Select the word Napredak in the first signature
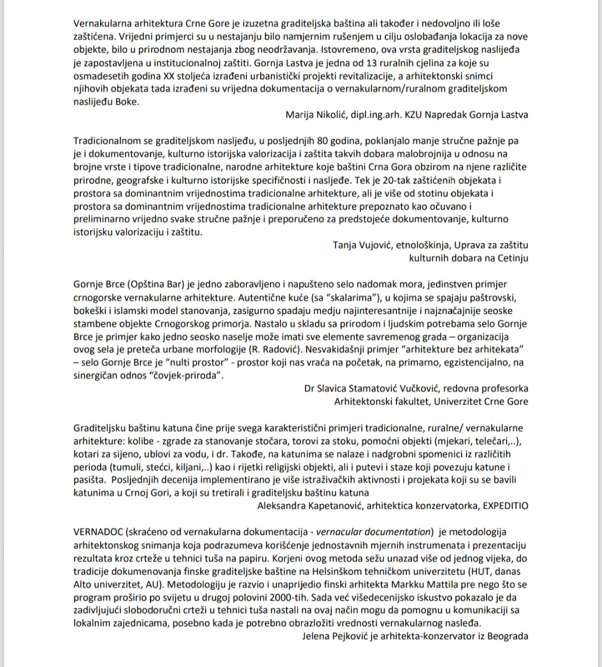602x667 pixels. [x=449, y=115]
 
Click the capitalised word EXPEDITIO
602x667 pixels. [x=505, y=505]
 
